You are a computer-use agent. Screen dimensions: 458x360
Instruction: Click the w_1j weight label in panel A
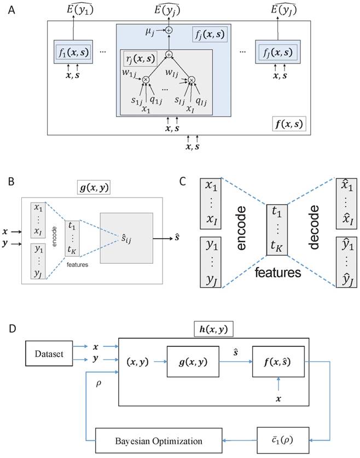point(130,71)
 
